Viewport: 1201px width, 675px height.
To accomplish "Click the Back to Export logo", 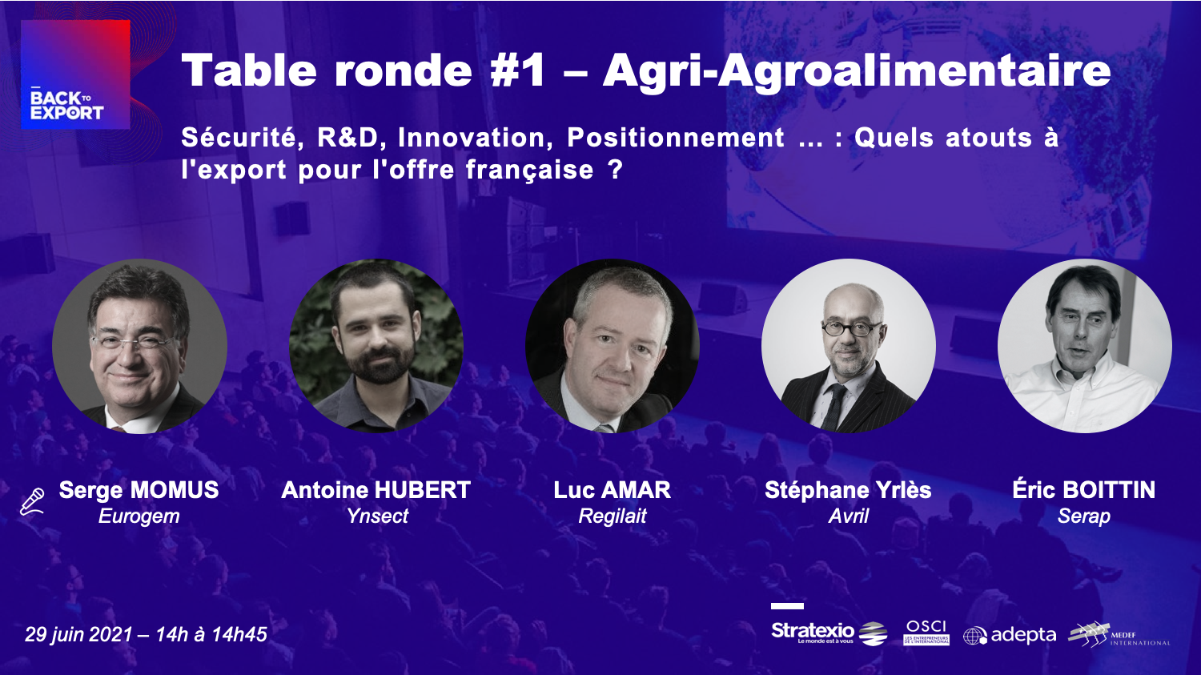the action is point(75,74).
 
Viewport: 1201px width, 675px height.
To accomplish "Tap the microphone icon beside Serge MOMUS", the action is point(32,502).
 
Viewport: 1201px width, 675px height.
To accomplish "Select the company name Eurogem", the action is point(139,516).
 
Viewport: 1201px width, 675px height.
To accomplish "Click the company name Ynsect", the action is point(377,516).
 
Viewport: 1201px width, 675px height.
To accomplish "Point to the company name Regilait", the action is point(613,516).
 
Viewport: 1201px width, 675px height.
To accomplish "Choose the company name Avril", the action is point(849,516).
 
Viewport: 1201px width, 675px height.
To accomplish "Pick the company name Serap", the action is point(1083,516).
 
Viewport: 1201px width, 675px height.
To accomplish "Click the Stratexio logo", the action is point(829,633).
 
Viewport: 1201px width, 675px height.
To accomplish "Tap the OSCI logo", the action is point(926,633).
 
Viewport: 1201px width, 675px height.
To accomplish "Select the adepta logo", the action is point(1010,635).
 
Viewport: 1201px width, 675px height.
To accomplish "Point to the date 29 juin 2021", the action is point(78,634).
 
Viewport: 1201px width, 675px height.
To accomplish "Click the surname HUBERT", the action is point(423,490).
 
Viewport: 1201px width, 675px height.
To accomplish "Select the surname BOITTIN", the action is point(1109,490).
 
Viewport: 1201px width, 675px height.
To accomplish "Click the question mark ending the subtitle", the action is point(616,170).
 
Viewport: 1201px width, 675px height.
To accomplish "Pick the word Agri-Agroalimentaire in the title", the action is point(857,70).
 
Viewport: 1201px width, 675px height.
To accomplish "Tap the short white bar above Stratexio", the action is point(787,606).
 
